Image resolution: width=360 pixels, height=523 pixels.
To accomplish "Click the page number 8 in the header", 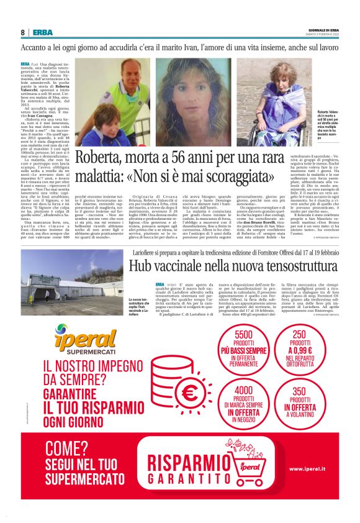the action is pos(22,33).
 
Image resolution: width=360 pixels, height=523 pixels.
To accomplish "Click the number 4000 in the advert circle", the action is pos(244,391).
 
